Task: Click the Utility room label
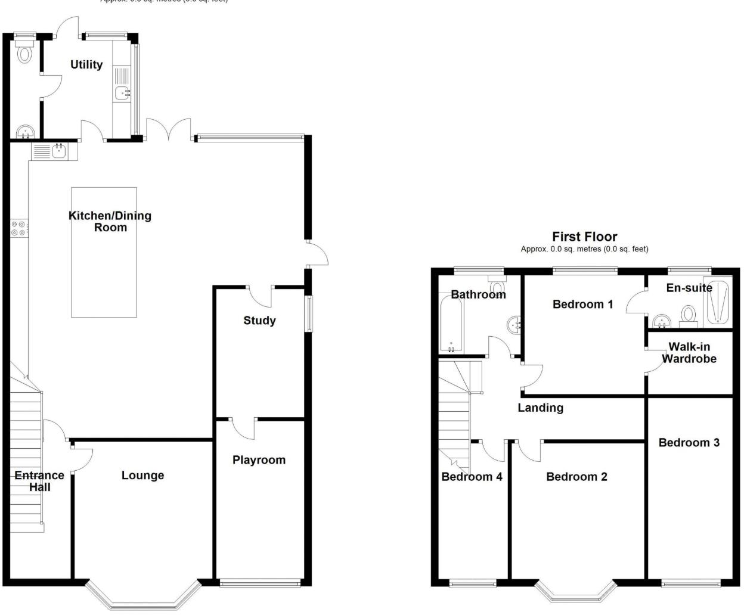coord(86,64)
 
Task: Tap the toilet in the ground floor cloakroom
coord(24,52)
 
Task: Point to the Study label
coord(259,321)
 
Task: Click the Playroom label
coord(259,460)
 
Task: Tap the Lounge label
coord(142,476)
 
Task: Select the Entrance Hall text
coord(39,481)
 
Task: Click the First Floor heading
coord(584,237)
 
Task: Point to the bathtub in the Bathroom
coord(451,325)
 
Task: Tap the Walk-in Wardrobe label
coord(689,353)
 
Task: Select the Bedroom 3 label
coord(689,443)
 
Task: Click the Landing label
coord(540,408)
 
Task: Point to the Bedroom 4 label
coord(472,477)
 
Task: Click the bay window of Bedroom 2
coord(575,592)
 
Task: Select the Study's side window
coord(309,313)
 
